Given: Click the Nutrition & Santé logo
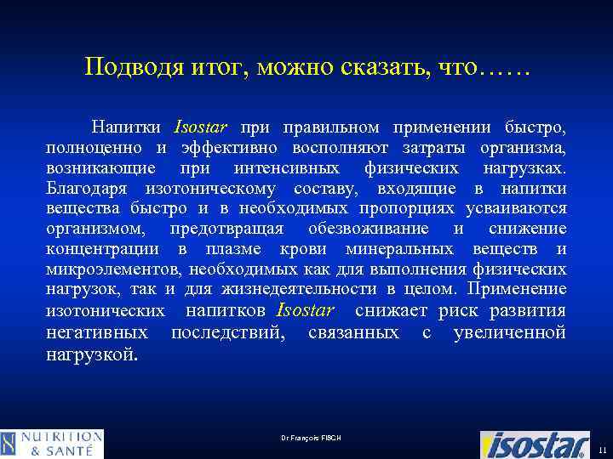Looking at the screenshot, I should coord(53,444).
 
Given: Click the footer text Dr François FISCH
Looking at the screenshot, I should coord(310,438).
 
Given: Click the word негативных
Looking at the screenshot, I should coord(95,331).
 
